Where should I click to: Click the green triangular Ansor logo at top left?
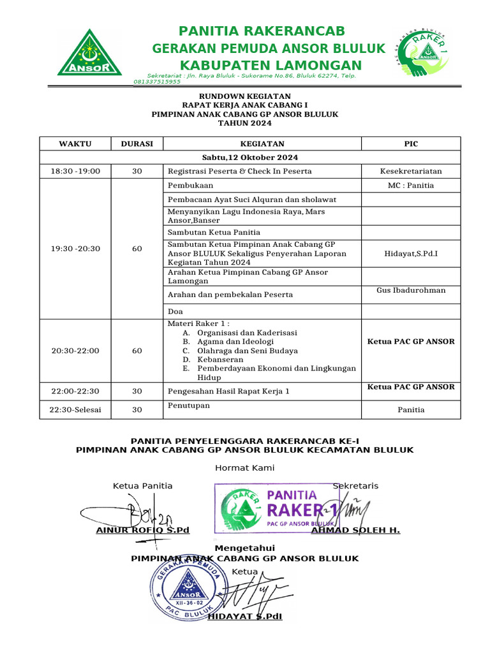(x=90, y=52)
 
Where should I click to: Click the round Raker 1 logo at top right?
(x=423, y=53)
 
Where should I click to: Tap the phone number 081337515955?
(x=157, y=82)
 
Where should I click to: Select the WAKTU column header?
(x=75, y=143)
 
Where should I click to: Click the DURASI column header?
(x=137, y=143)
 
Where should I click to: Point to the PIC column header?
(x=411, y=143)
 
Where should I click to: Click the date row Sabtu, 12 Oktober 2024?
(x=250, y=158)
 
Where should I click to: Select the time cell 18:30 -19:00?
(x=75, y=171)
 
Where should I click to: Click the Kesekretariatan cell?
(x=411, y=171)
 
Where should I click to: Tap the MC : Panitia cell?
(x=411, y=186)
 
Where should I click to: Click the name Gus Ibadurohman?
(x=411, y=290)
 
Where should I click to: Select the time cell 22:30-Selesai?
(x=75, y=410)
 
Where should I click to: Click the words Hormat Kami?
(x=245, y=467)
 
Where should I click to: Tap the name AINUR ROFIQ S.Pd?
(x=142, y=530)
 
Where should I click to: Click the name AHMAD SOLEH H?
(x=355, y=530)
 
